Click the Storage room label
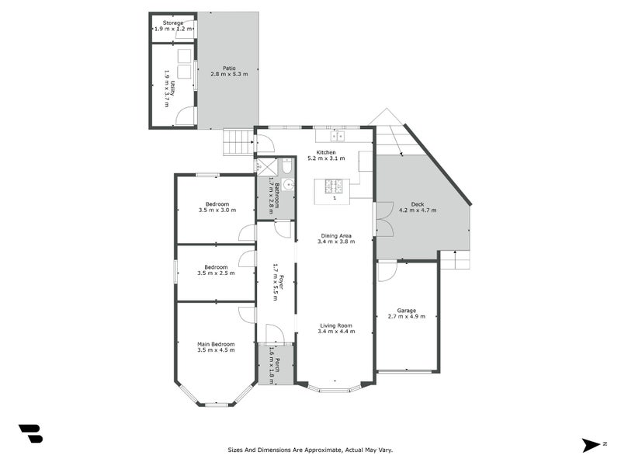point(172,23)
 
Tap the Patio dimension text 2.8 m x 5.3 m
point(227,75)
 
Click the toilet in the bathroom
point(286,167)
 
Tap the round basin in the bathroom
point(287,185)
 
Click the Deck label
point(418,203)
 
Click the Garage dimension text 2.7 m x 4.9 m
point(406,316)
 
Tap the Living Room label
point(335,325)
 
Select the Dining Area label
point(335,235)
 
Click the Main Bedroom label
point(216,344)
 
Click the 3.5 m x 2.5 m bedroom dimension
point(216,273)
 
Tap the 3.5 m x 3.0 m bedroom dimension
point(216,210)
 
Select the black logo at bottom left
point(30,434)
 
